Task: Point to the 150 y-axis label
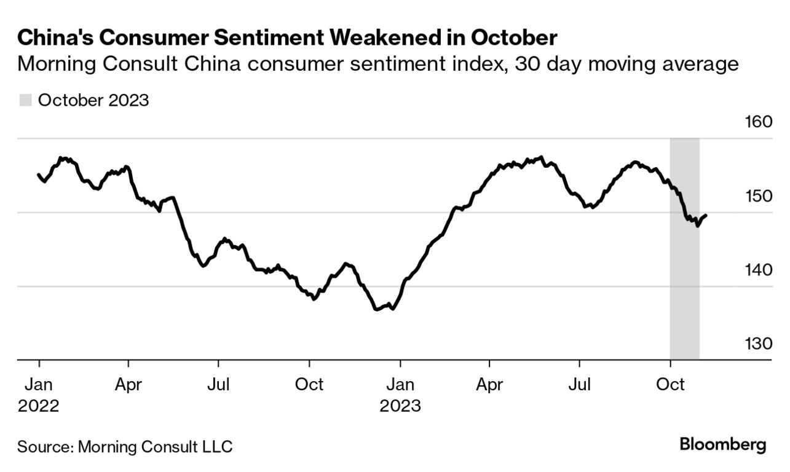tap(758, 196)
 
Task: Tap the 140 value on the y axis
tap(758, 270)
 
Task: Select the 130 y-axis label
tap(758, 344)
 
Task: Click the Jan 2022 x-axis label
tap(39, 395)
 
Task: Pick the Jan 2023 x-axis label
tap(400, 395)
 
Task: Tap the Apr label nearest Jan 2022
tap(128, 385)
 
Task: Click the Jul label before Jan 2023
tap(218, 385)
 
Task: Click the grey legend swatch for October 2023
tap(25, 100)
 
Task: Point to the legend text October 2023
tap(93, 100)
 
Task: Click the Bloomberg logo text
tap(722, 444)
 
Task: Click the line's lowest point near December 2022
tap(376, 309)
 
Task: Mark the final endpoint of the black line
tap(706, 215)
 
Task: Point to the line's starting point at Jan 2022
tap(39, 175)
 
